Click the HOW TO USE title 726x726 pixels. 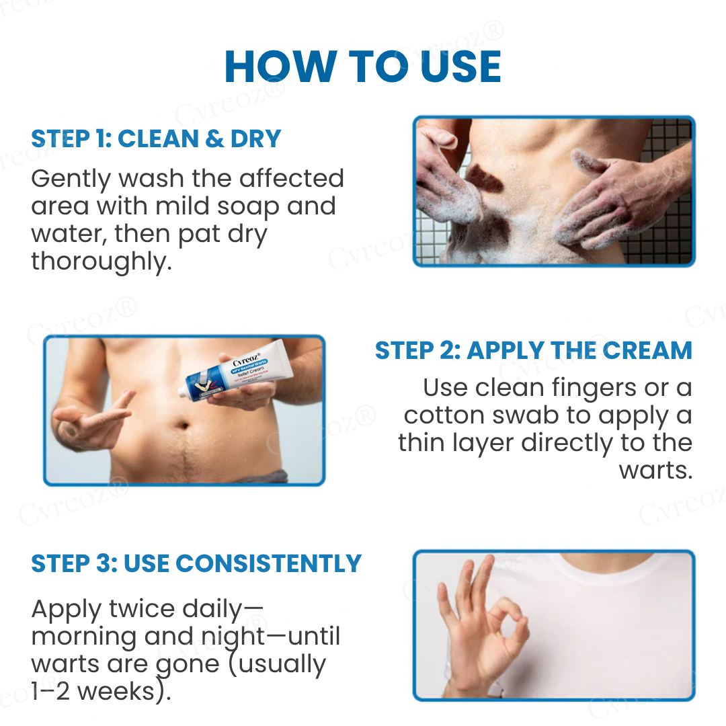[x=363, y=67]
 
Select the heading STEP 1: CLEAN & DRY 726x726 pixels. [x=156, y=139]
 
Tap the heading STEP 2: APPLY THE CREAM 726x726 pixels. [x=533, y=350]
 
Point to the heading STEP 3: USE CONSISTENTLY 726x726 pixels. [x=196, y=563]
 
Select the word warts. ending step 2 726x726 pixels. [x=655, y=471]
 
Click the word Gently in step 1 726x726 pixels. [x=71, y=179]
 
